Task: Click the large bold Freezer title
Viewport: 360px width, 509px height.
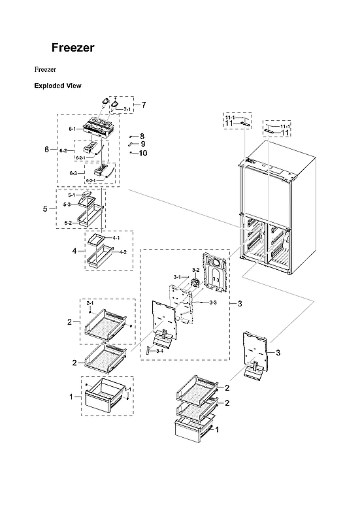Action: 73,48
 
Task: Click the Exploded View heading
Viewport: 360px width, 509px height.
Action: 57,86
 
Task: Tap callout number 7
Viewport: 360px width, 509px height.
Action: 143,105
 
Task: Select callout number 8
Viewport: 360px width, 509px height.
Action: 142,136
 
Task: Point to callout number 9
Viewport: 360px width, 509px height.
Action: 142,144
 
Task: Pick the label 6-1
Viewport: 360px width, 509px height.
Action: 72,129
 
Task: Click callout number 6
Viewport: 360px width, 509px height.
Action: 46,150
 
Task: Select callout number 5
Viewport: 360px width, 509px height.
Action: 45,208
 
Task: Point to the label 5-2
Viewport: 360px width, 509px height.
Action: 68,223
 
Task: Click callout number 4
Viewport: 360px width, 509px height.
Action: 74,250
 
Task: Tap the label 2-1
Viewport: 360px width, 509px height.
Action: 90,303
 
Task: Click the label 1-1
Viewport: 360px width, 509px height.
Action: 127,389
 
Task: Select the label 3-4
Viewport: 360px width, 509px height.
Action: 159,352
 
